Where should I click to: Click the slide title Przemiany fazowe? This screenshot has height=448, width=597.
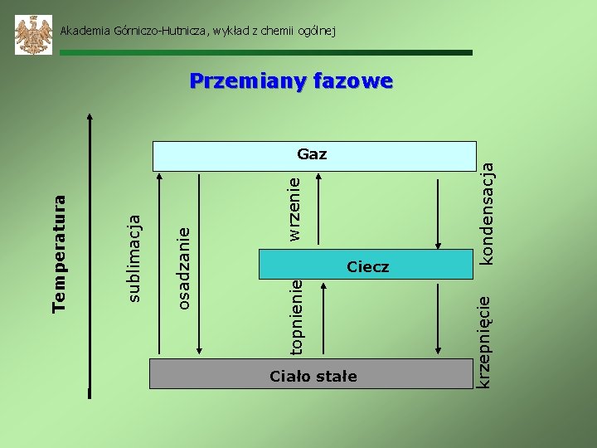pos(290,81)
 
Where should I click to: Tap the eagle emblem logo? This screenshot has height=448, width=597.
pos(34,35)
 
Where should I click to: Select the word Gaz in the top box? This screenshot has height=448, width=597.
pos(312,154)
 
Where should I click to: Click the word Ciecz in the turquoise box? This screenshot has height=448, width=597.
pos(368,266)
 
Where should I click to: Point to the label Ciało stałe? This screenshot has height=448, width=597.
pos(313,377)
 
